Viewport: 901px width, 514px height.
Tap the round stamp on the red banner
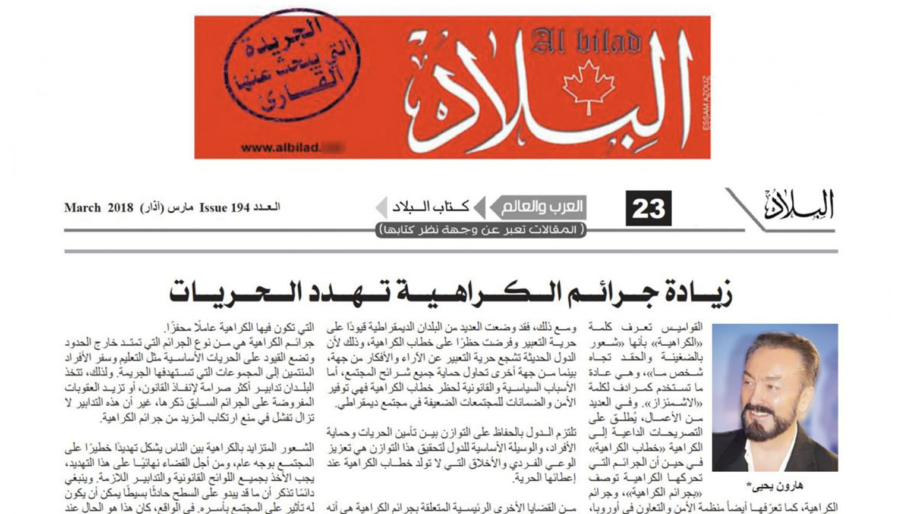click(292, 65)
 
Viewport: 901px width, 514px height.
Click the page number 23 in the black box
click(648, 208)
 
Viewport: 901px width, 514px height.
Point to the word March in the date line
click(82, 208)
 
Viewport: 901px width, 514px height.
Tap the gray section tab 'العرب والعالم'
click(541, 207)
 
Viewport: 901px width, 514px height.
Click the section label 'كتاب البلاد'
click(431, 207)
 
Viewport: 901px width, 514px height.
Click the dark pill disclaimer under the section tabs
click(481, 230)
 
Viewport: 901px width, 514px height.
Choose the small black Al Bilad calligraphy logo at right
click(799, 206)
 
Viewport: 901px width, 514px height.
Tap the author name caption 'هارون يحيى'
click(775, 485)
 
